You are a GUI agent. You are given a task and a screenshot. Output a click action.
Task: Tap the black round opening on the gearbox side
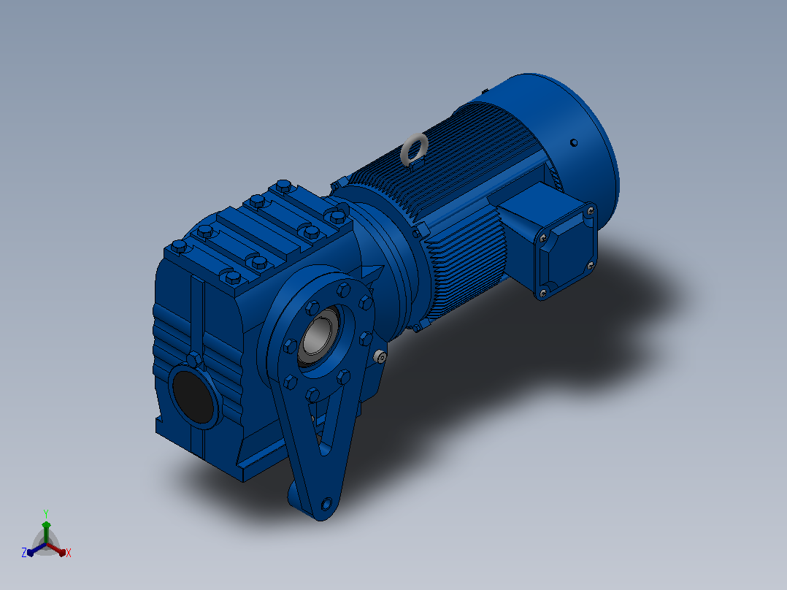193,396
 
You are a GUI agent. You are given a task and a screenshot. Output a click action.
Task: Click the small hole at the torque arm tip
327,504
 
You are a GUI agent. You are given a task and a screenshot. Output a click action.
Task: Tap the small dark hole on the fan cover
574,143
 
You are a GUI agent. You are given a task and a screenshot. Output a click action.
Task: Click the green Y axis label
46,513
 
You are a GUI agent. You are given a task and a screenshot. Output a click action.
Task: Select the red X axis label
69,553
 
